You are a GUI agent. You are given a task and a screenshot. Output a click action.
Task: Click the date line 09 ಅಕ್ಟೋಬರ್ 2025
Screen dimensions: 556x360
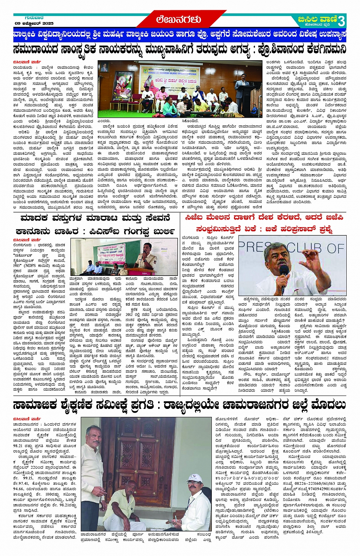(x=34, y=23)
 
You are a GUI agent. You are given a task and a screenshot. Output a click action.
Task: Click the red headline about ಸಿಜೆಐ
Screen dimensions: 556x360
(x=264, y=223)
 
